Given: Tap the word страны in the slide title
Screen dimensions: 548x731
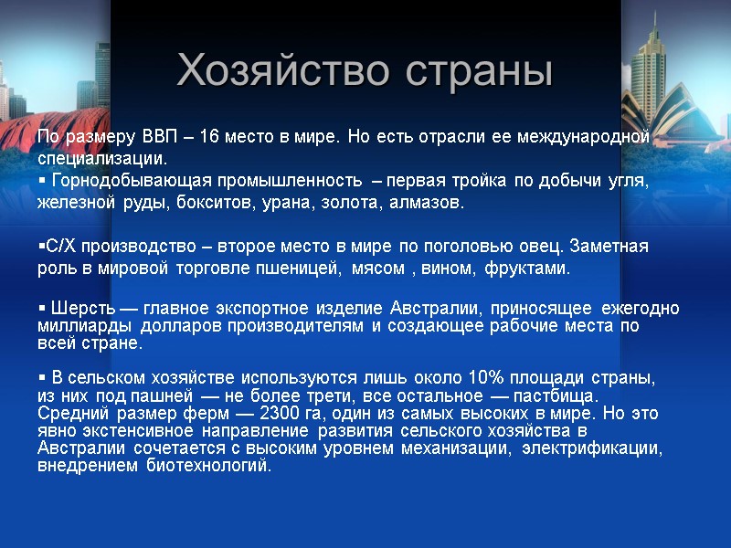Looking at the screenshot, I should [472, 70].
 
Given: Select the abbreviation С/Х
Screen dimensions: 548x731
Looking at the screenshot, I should [59, 247].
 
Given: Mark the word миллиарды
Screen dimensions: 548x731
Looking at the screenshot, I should [77, 326].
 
